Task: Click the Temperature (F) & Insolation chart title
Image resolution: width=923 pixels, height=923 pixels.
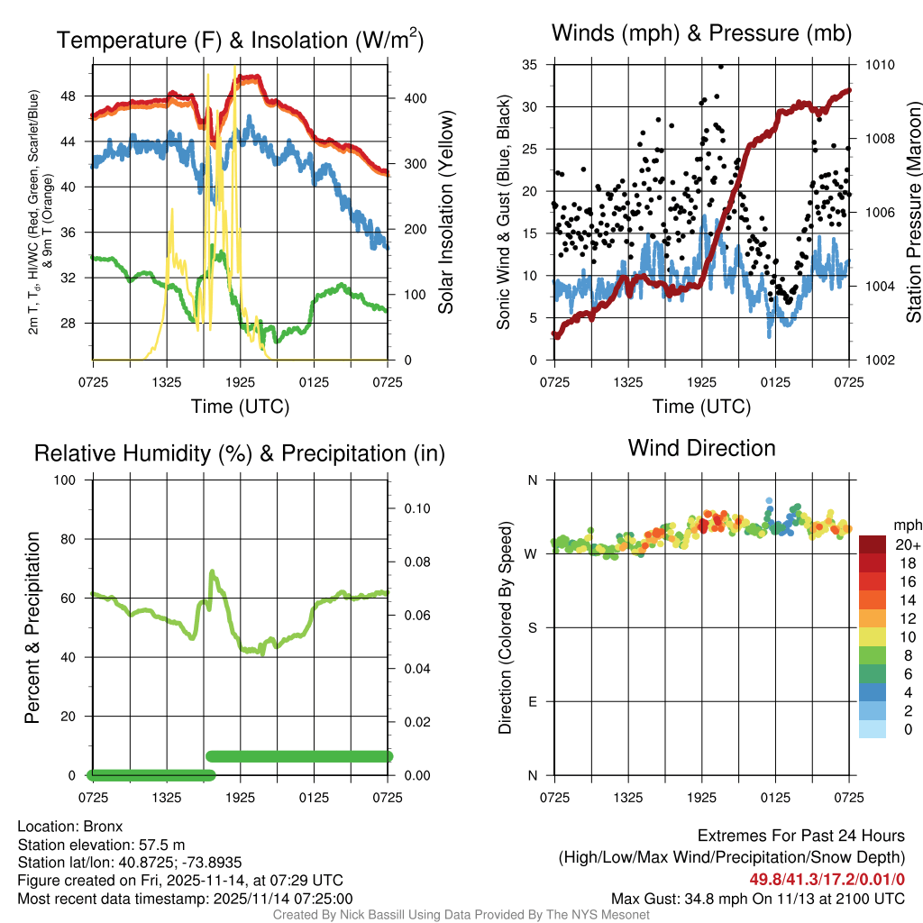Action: click(240, 41)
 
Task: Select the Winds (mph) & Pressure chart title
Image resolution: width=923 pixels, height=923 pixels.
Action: click(701, 34)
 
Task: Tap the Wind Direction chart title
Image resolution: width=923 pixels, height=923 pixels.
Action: click(701, 448)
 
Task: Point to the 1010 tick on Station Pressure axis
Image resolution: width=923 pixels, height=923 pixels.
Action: click(880, 65)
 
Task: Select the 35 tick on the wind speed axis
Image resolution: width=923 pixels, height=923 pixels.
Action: click(531, 65)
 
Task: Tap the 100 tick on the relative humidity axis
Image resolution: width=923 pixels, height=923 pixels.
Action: click(73, 480)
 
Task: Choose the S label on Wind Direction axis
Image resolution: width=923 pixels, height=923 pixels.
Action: click(532, 627)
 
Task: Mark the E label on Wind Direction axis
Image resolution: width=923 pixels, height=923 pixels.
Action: click(532, 701)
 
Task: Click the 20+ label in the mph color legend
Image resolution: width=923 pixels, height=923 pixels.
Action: click(908, 545)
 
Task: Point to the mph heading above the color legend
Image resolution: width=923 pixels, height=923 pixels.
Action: click(906, 525)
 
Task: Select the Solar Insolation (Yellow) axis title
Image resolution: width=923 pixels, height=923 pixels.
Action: click(445, 213)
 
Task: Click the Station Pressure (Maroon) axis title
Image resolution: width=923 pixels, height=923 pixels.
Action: click(913, 213)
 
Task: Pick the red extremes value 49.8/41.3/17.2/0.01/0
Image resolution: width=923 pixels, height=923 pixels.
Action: click(827, 879)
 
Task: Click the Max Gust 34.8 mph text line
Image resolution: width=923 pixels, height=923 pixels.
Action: click(757, 898)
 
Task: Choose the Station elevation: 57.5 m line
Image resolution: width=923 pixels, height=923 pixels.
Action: click(101, 844)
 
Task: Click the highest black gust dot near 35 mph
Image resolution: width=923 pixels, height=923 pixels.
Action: click(721, 66)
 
